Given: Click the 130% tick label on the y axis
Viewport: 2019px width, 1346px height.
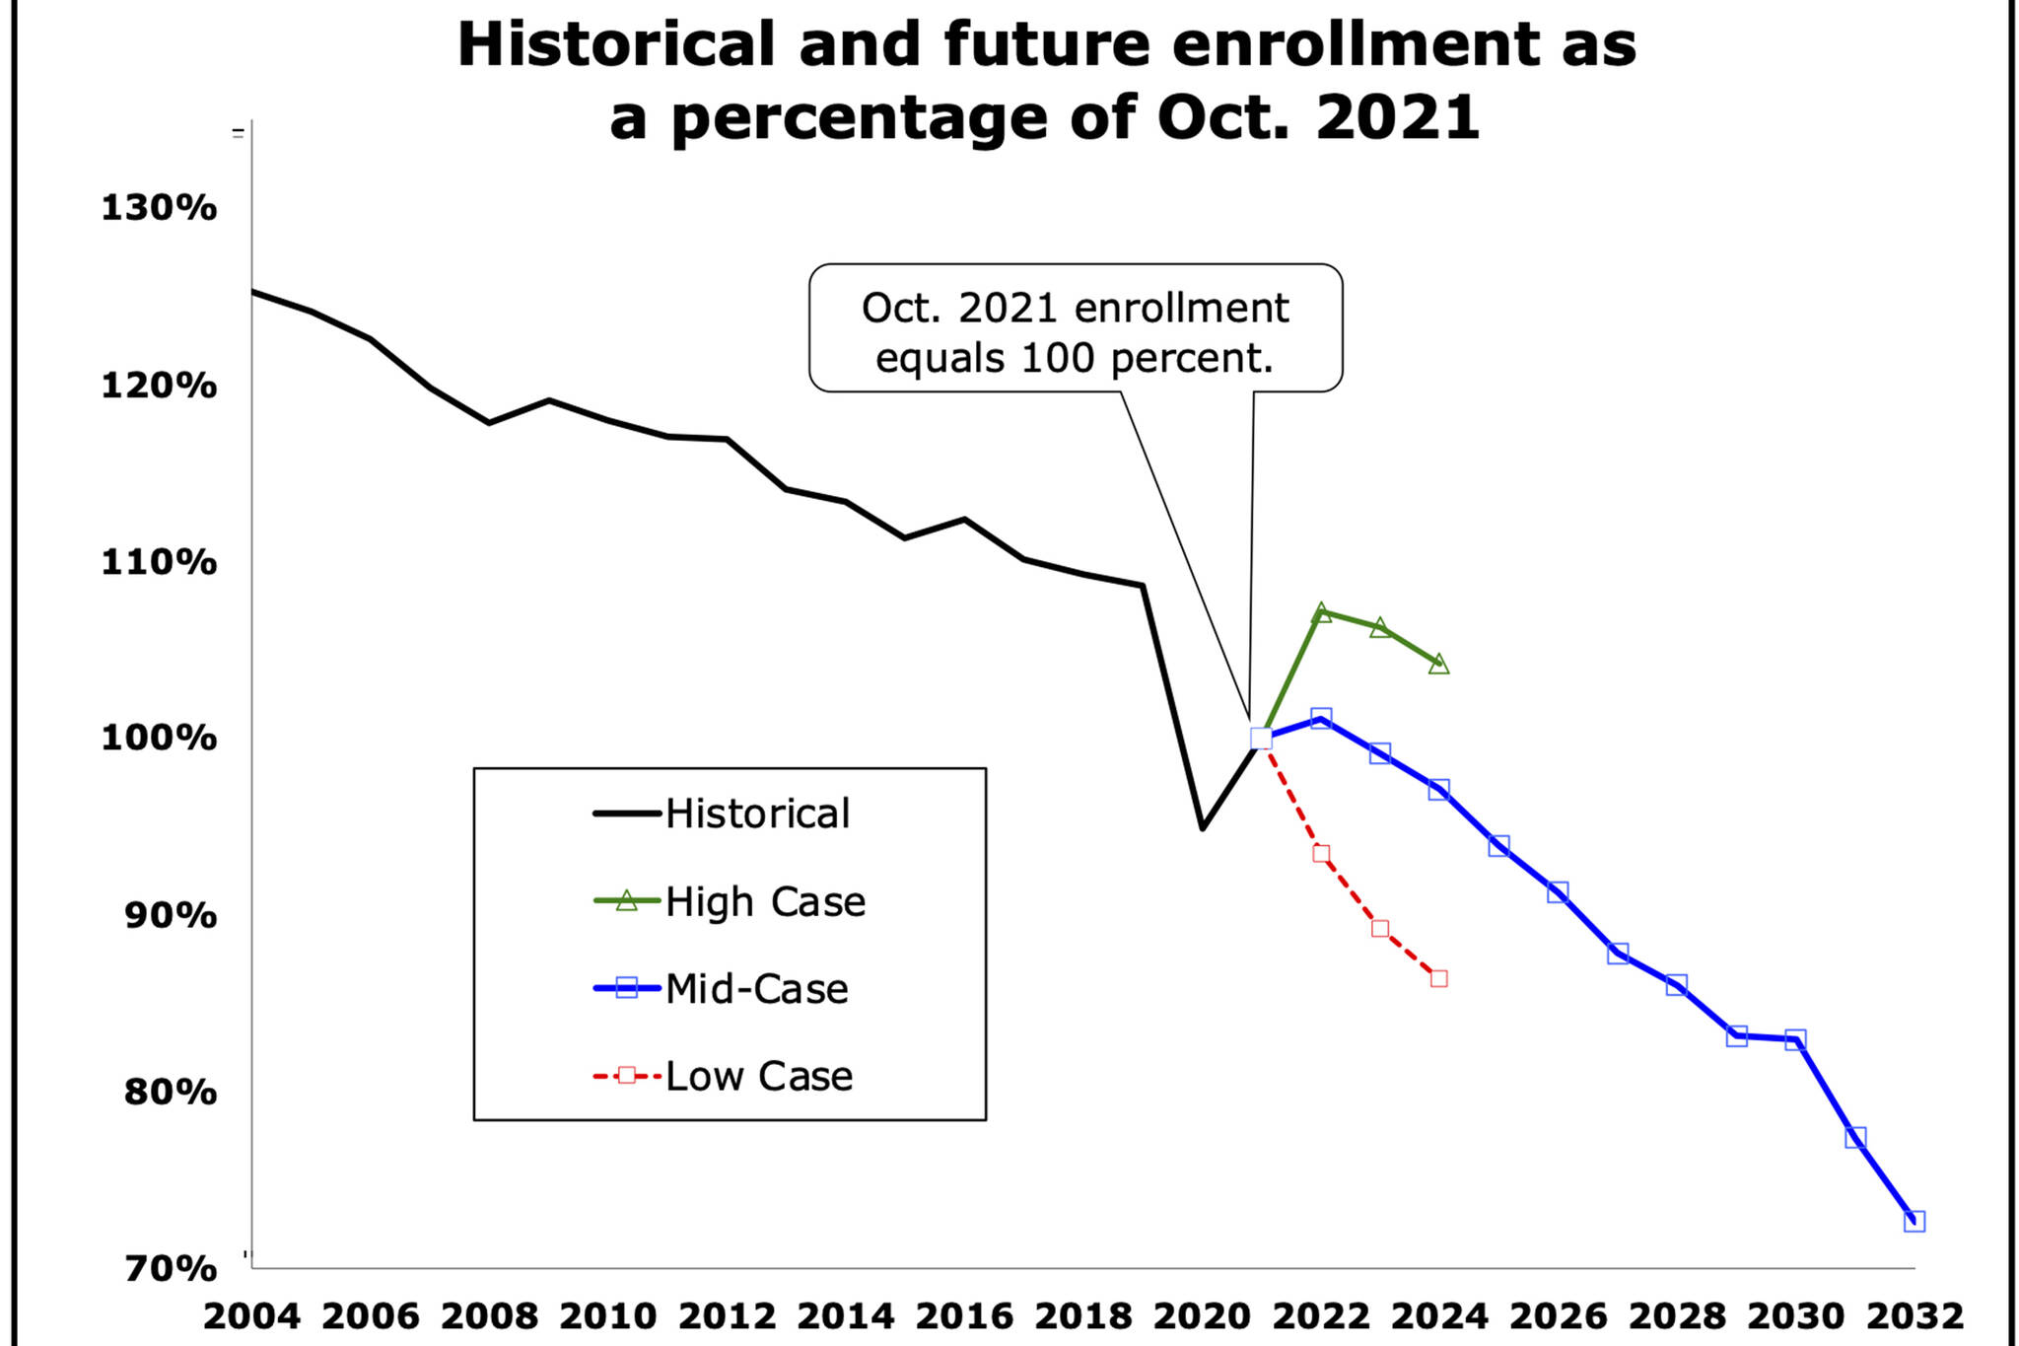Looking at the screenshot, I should (159, 208).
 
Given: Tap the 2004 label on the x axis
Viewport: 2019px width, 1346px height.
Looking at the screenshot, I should (251, 1316).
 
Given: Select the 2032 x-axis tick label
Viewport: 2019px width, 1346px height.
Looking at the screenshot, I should (1915, 1316).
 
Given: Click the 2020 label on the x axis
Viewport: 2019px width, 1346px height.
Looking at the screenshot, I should (1202, 1316).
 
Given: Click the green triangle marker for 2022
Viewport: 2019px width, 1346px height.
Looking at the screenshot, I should (1321, 612).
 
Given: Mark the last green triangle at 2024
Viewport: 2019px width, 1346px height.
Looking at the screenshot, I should (1439, 664).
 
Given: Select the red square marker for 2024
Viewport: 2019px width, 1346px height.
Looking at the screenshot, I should (1439, 978).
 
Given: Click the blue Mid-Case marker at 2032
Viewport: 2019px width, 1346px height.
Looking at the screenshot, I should (1915, 1221).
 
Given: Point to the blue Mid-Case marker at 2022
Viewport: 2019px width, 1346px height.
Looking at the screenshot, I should (1321, 717).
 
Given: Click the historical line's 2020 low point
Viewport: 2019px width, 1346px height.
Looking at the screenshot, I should (1203, 828).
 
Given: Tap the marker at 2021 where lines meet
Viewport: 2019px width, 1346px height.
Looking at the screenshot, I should (1261, 738).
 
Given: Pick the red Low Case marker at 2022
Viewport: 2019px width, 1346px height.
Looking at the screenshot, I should (1321, 854).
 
